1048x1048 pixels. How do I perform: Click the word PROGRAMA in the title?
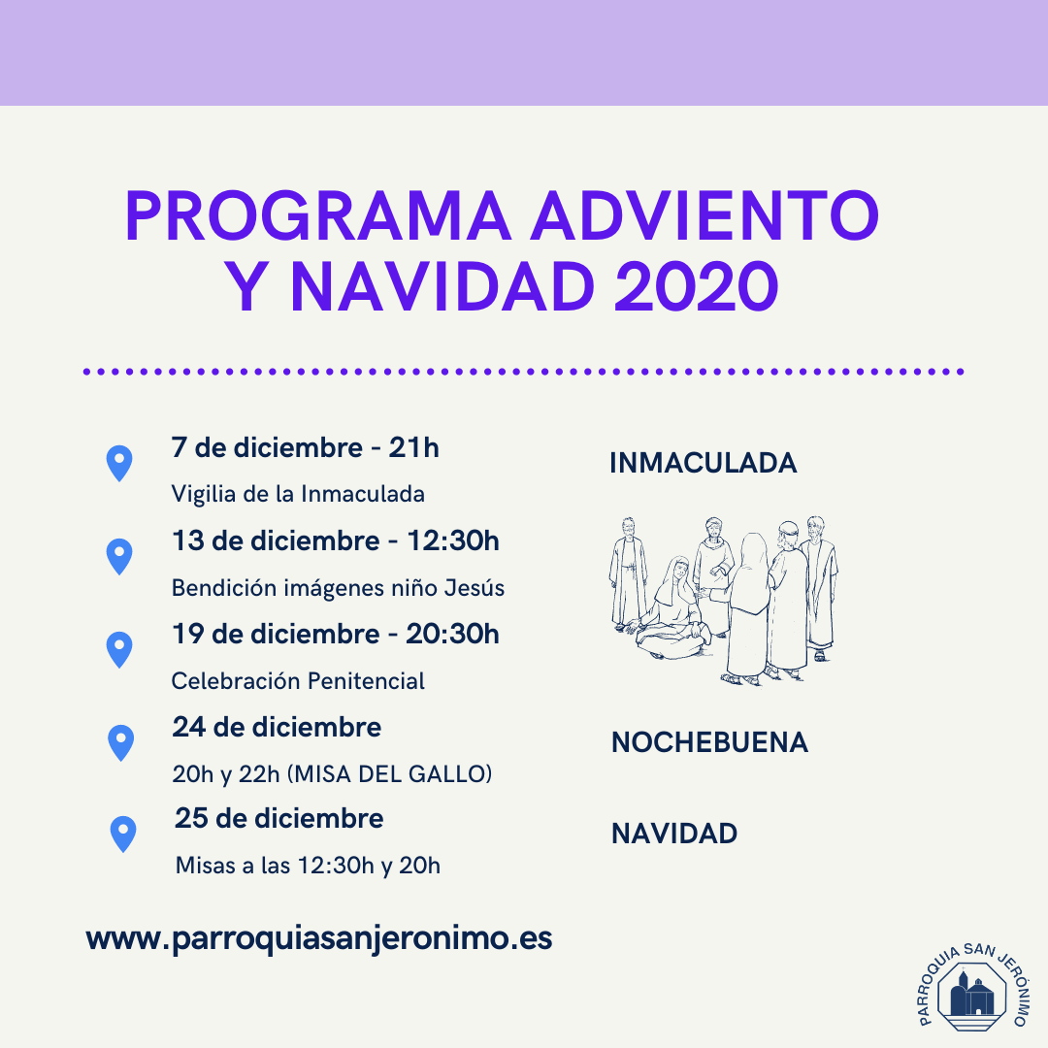point(318,215)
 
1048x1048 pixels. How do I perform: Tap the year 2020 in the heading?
point(697,286)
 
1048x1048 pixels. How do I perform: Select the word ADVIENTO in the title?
point(704,215)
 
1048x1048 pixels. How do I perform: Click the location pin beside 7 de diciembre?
point(119,463)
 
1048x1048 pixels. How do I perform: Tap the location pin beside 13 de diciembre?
point(119,557)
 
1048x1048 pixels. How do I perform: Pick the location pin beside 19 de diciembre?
point(119,649)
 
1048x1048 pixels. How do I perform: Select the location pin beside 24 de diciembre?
point(121,742)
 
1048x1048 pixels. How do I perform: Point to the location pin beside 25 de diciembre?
point(123,835)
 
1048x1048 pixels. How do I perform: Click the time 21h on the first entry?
point(413,447)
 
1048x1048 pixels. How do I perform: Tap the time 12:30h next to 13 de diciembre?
point(453,540)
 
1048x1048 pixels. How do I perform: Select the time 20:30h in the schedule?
point(452,634)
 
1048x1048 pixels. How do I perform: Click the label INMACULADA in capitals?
point(704,463)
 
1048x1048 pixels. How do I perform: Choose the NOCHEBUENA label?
point(709,742)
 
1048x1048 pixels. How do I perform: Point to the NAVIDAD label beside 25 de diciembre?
point(674,834)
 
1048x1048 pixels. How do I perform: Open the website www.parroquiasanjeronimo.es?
point(319,938)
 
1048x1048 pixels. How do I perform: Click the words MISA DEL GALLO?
point(390,774)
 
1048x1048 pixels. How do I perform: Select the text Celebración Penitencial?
point(298,681)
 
